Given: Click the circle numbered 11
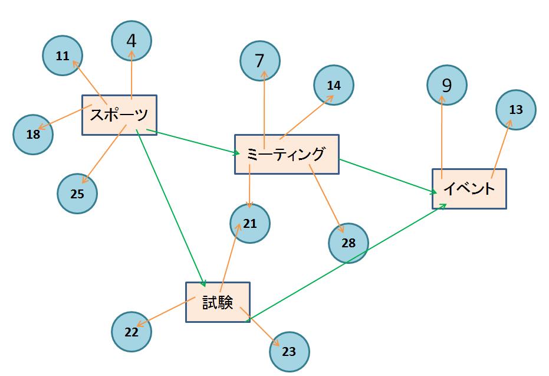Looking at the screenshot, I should pos(63,56).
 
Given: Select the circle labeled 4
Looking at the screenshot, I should pos(132,41).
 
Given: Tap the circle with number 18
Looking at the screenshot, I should pos(33,134).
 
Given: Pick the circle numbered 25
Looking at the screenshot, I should pos(77,194).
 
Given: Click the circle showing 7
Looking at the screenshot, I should pos(260,60).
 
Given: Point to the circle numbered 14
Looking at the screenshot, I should pos(334,85).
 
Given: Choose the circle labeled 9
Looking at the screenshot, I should pos(446,86).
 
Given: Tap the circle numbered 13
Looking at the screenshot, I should pos(516,110).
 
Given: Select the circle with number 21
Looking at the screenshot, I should pos(250,224).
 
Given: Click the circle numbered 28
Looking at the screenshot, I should pos(349,243).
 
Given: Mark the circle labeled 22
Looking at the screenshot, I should pos(132,332).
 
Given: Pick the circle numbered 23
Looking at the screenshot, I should pos(289,352).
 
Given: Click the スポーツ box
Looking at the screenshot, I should pos(119,115).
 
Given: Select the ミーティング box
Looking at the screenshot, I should pos(287,154).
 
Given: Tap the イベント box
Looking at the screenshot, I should pos(469,189).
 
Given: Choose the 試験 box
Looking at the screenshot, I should pos(218,302).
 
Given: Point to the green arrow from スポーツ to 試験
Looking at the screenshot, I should pos(170,207).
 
